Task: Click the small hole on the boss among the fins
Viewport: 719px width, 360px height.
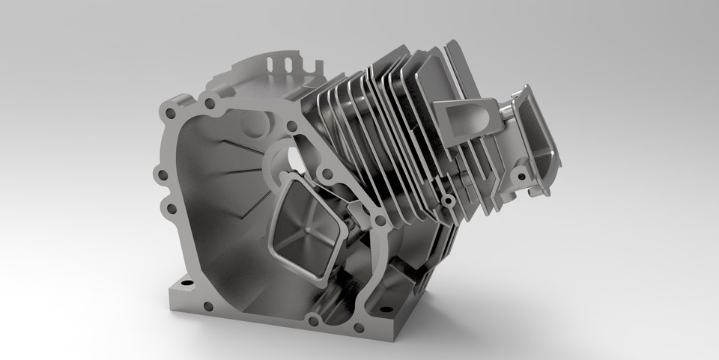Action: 447,201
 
